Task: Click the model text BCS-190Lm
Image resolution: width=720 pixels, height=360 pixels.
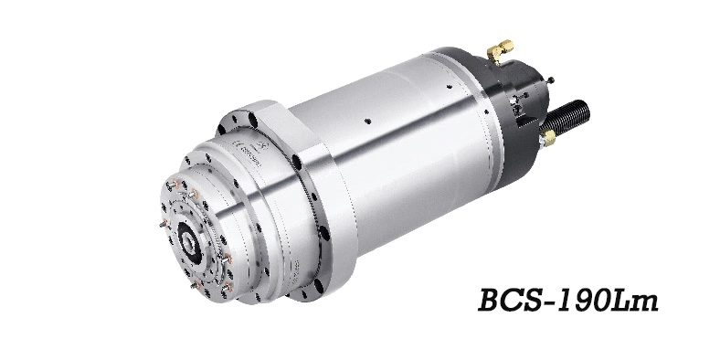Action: (x=567, y=302)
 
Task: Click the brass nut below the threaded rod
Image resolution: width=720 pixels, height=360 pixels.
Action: (x=548, y=137)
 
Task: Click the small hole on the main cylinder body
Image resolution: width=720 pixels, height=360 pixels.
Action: (x=365, y=122)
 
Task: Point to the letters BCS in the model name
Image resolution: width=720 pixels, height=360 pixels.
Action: (x=516, y=302)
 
